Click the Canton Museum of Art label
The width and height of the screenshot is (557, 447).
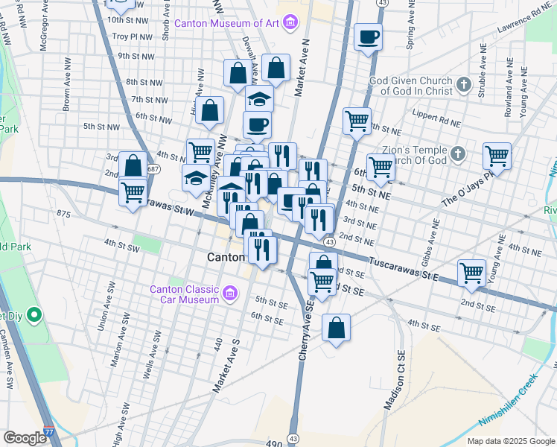point(226,22)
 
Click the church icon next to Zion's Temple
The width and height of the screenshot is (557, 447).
point(458,154)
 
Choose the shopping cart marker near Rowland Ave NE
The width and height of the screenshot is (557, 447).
point(497,156)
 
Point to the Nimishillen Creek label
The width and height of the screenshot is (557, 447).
point(513,411)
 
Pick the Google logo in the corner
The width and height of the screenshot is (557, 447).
point(25,438)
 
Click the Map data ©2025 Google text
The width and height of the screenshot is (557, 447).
point(510,441)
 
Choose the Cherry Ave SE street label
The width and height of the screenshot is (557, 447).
point(305,332)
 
